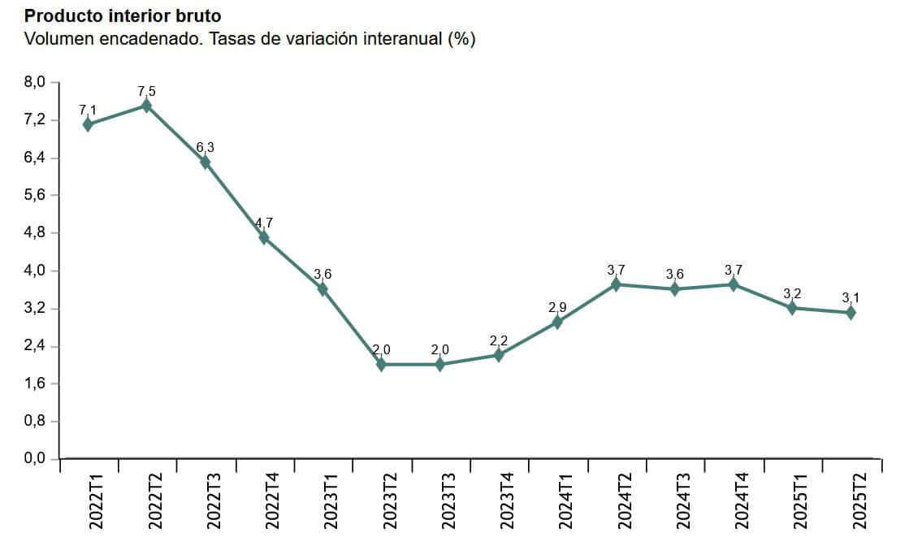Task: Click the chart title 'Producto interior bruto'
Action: [123, 16]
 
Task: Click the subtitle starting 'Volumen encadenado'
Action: [249, 39]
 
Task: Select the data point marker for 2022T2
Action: [146, 106]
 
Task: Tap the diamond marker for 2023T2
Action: [381, 364]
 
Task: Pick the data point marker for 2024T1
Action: [557, 322]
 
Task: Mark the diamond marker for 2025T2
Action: [851, 313]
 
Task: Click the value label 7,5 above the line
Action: [146, 91]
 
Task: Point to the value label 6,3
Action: [206, 147]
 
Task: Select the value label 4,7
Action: [264, 223]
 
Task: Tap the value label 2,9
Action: [557, 307]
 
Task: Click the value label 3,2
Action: [792, 293]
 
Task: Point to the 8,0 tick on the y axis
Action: [37, 82]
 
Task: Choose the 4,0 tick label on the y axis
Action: [37, 271]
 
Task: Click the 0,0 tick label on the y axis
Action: [37, 459]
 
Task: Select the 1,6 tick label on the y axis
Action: [37, 383]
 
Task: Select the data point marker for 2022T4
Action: [264, 237]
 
